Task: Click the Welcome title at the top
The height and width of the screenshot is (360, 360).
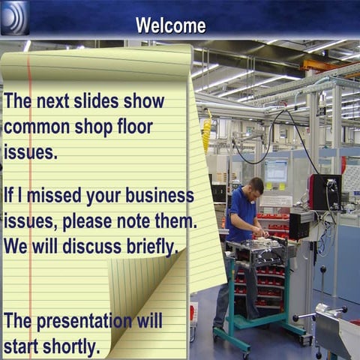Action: (x=170, y=25)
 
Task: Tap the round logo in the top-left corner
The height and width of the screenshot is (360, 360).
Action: (x=15, y=17)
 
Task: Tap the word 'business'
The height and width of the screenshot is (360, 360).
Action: (x=158, y=196)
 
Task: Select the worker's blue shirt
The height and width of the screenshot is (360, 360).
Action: (x=241, y=214)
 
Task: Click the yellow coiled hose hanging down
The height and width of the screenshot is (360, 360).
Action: (x=206, y=135)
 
